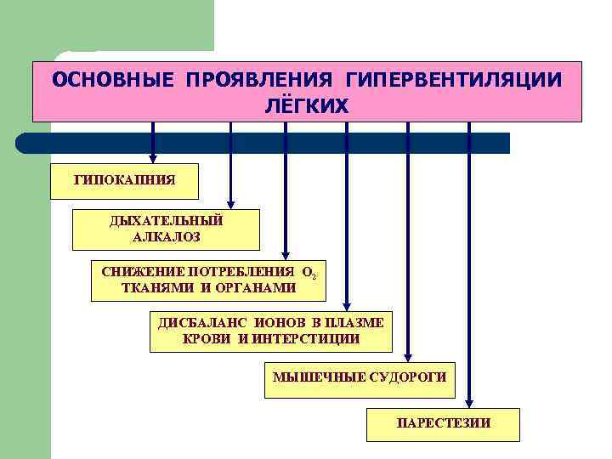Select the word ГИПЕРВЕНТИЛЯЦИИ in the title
click(453, 80)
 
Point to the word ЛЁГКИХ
click(307, 105)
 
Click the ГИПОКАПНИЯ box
click(124, 180)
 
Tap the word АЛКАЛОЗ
click(166, 238)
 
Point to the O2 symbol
click(309, 274)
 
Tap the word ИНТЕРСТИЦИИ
click(303, 338)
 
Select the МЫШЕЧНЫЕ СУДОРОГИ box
click(359, 377)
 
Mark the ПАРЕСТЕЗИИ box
click(442, 422)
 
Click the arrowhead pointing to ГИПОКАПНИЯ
click(153, 157)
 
